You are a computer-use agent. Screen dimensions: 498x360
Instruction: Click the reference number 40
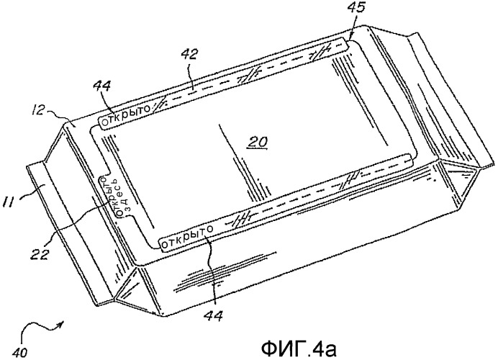tap(21, 352)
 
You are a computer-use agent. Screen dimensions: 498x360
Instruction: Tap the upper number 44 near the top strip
tap(102, 87)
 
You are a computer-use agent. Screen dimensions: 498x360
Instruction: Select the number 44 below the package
tap(213, 315)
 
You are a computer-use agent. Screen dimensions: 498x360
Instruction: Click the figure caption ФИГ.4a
tap(299, 349)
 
